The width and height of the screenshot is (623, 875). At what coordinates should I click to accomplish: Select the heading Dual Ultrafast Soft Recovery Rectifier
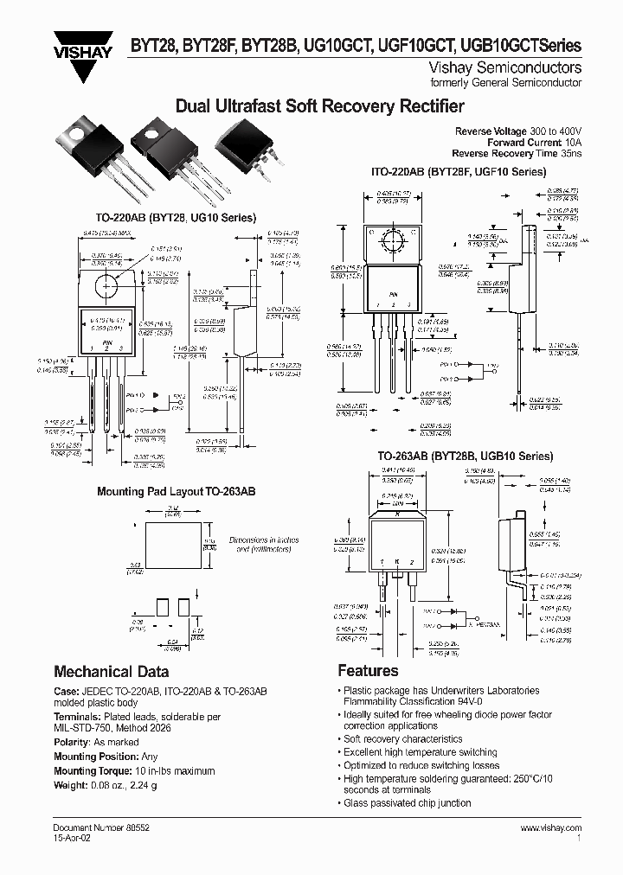[x=319, y=107]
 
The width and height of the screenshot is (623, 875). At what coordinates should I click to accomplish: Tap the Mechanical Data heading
[x=112, y=671]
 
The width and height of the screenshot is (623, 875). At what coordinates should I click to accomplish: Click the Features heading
[x=368, y=671]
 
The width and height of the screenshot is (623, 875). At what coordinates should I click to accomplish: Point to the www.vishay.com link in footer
[x=551, y=828]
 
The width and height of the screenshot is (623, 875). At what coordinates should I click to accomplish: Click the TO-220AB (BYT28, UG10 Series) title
[x=177, y=218]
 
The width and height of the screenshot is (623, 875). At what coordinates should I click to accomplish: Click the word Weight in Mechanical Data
[x=70, y=784]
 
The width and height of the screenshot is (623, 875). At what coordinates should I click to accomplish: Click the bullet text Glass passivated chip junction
[x=407, y=802]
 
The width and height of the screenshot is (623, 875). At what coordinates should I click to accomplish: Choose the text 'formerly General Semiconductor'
[x=518, y=83]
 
